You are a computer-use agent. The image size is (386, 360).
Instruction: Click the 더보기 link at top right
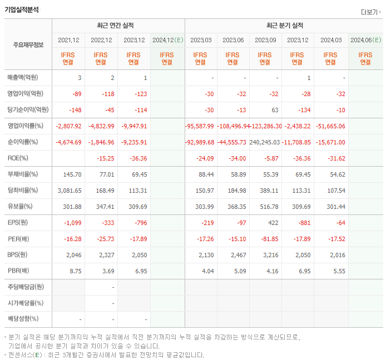click(x=370, y=12)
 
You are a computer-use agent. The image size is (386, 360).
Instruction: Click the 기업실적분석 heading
click(x=22, y=9)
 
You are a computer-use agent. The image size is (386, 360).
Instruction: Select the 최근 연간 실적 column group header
click(x=118, y=26)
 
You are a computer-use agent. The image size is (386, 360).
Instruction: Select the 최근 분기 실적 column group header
click(x=284, y=26)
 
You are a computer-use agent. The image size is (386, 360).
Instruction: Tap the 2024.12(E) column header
click(x=167, y=40)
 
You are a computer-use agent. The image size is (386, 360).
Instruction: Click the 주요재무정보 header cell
click(x=28, y=45)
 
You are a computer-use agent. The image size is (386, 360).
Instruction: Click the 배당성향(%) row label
click(x=23, y=319)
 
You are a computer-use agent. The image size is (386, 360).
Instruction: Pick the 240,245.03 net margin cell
click(x=265, y=142)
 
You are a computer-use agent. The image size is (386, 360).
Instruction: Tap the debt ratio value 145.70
click(x=72, y=174)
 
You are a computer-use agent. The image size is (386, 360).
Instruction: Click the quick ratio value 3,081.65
click(x=70, y=191)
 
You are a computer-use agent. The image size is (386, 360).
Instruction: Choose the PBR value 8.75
click(x=75, y=271)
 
